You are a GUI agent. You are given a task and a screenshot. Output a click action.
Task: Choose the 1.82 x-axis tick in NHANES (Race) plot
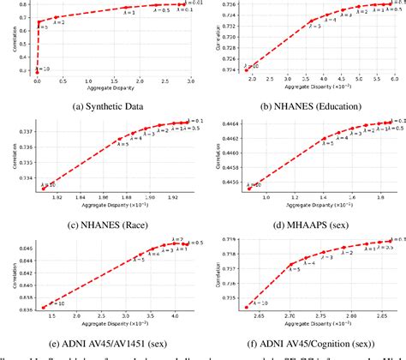56,199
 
